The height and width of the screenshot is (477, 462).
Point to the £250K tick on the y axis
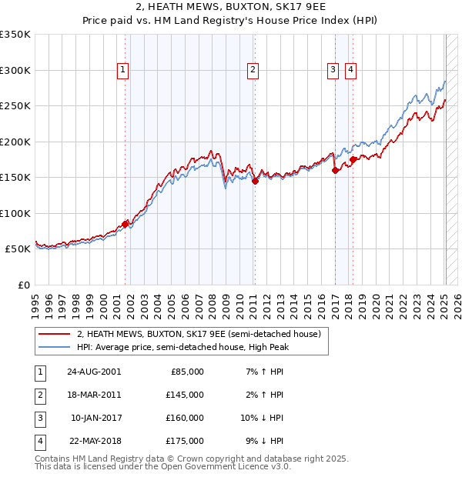(15, 106)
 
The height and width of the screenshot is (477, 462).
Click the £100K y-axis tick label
(15, 213)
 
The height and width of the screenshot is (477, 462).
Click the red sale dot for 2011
(255, 182)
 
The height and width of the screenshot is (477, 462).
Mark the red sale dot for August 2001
(125, 224)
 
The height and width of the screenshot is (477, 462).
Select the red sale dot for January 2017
(335, 171)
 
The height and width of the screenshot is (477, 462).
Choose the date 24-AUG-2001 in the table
(93, 372)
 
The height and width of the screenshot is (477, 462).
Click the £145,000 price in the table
(185, 395)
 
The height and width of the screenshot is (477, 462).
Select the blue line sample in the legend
(54, 347)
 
